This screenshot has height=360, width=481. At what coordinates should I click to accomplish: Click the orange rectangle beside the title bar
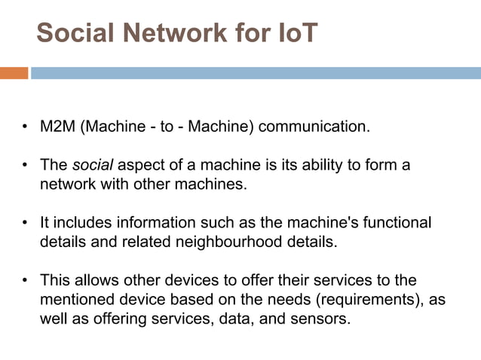[x=14, y=73]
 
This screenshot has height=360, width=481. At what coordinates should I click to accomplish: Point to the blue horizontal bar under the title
[x=256, y=73]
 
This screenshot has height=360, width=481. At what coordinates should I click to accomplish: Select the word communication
[x=314, y=126]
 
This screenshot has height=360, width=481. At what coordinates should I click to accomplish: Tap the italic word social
[x=91, y=165]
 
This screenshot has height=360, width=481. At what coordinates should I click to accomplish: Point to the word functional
[x=397, y=223]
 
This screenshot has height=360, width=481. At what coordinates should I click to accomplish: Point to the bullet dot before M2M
[x=25, y=127]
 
